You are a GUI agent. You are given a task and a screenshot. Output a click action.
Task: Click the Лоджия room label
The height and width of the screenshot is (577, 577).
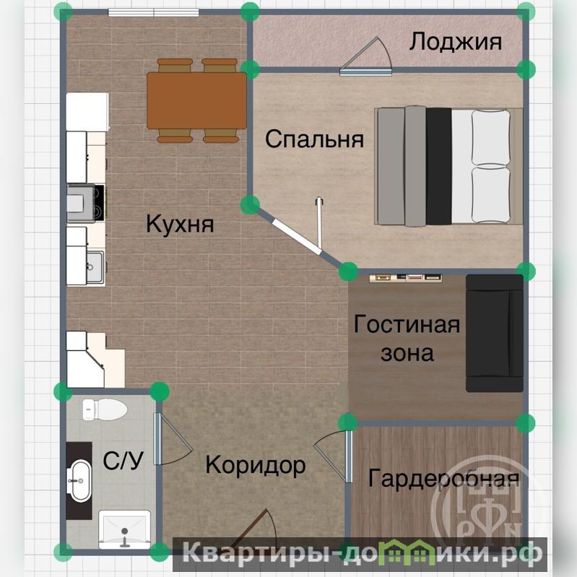tap(456, 42)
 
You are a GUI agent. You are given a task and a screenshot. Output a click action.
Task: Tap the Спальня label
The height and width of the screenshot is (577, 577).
tap(315, 139)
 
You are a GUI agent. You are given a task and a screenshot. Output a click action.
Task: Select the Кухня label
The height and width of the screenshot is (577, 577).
tap(180, 223)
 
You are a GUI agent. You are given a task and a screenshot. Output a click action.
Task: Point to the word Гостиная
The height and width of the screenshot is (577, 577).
tap(407, 324)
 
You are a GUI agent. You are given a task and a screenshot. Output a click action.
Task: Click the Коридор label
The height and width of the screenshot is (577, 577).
tap(256, 466)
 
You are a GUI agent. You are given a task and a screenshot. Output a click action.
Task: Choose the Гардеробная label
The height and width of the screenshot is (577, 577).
tap(444, 478)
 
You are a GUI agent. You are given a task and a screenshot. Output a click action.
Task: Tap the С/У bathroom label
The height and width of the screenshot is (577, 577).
tap(123, 460)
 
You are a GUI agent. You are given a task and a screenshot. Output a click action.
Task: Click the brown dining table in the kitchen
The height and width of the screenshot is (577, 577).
tap(197, 100)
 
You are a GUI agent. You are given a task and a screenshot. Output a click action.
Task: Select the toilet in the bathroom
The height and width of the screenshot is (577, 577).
tap(105, 409)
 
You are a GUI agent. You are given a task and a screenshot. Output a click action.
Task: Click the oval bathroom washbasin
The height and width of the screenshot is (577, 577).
tap(80, 480)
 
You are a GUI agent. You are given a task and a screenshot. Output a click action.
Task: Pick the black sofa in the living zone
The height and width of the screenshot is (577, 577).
tap(494, 333)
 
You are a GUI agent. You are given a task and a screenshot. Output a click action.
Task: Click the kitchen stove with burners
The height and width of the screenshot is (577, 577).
tap(86, 204)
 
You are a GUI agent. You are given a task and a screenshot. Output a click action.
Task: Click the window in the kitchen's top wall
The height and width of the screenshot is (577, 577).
tap(153, 13)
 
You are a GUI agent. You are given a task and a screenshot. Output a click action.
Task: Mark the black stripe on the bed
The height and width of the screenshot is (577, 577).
tap(438, 166)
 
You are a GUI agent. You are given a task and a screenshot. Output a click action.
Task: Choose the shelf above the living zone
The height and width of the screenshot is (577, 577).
tap(406, 278)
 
